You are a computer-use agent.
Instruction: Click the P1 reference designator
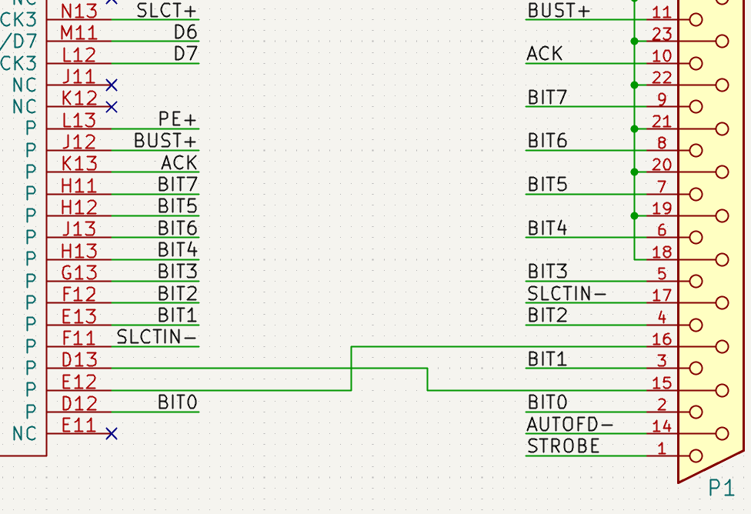[721, 488]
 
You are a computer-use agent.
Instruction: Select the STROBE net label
[562, 446]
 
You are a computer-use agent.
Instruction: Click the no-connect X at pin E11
[112, 434]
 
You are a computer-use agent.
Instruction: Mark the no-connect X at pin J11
[112, 85]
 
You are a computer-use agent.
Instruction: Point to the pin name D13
[78, 359]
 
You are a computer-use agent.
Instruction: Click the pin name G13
[78, 272]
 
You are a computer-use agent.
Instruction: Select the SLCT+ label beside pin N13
[166, 10]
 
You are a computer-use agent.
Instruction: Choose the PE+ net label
[178, 119]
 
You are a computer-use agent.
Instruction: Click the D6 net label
[185, 32]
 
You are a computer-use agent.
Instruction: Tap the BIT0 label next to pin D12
[178, 402]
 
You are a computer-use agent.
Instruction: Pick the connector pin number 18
[662, 252]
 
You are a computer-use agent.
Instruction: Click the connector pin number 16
[662, 339]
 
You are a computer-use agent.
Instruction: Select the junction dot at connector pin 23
[634, 41]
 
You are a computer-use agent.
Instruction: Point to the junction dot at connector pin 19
[634, 215]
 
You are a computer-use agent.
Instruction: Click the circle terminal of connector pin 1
[696, 456]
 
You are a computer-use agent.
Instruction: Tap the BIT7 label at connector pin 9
[546, 98]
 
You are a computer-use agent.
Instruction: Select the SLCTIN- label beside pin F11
[157, 337]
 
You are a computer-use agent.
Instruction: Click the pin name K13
[78, 163]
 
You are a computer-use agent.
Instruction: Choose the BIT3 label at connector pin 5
[546, 272]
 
